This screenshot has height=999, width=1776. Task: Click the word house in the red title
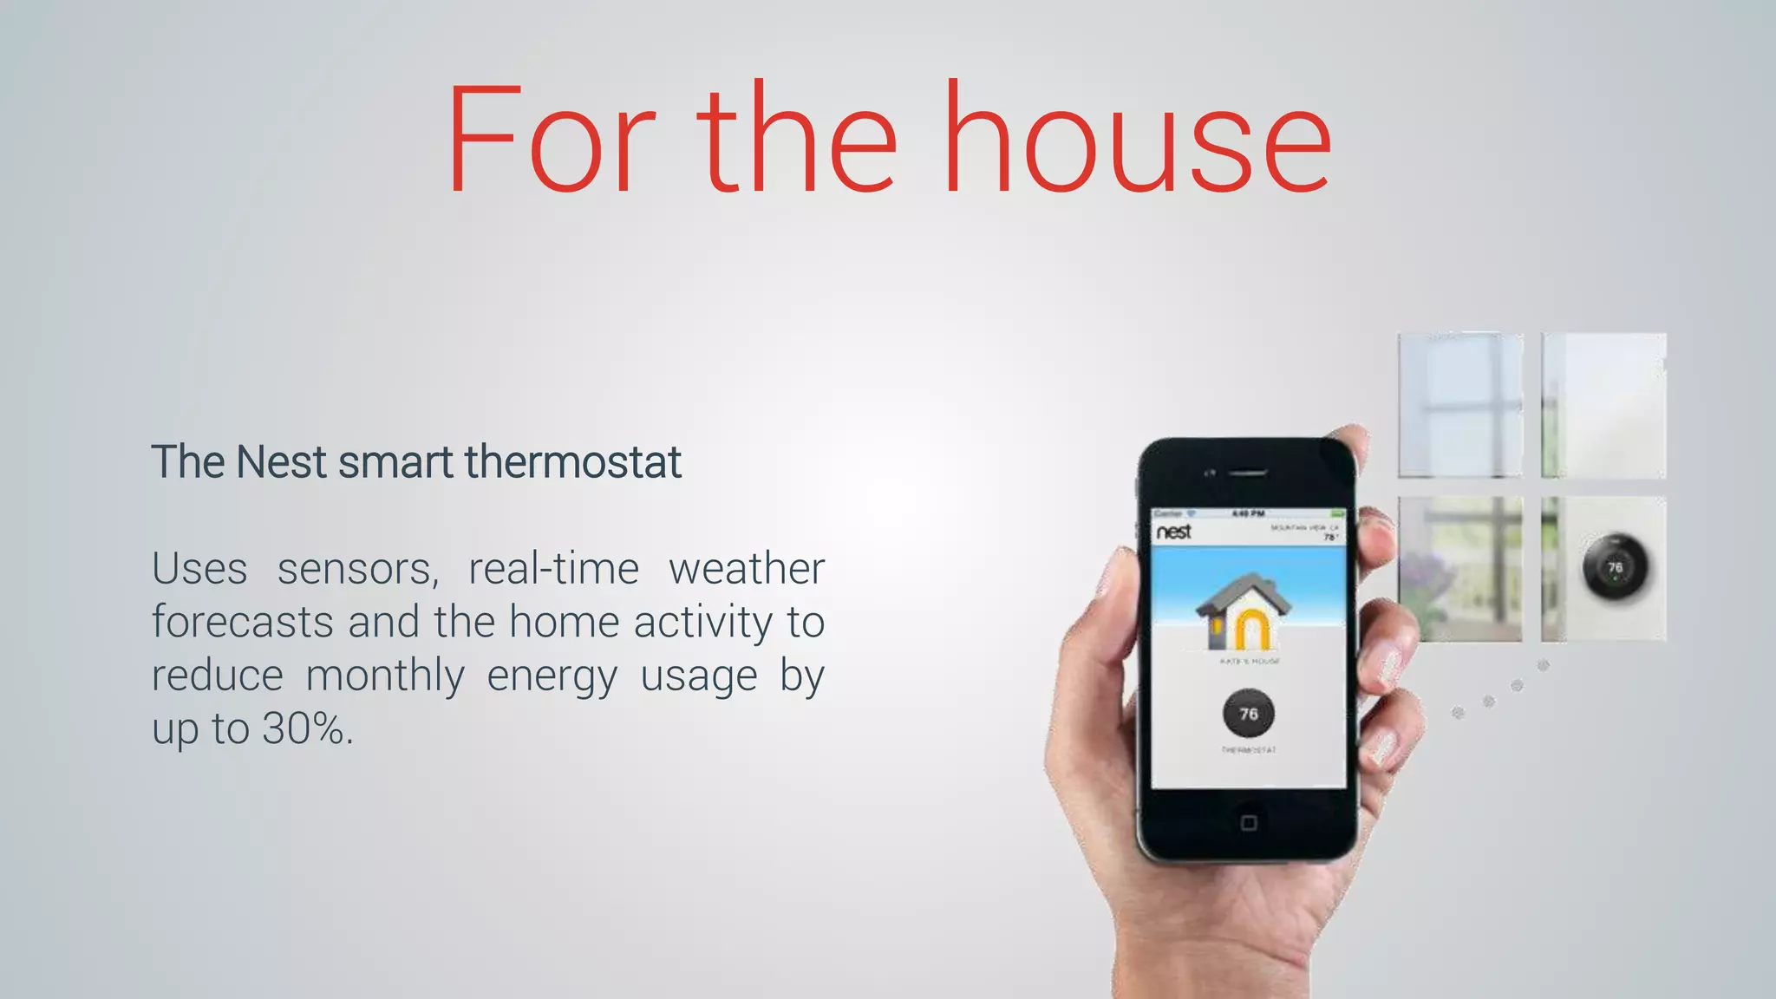[1136, 139]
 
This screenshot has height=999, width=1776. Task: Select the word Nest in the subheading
[281, 461]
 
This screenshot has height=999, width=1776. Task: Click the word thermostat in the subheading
[572, 461]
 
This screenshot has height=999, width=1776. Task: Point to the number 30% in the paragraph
[304, 728]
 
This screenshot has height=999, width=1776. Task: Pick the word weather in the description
[746, 570]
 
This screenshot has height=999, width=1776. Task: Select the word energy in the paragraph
[552, 676]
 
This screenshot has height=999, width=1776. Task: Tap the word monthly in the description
[385, 676]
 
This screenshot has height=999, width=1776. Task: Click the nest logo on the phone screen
[1174, 532]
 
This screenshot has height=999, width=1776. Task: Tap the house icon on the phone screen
[1243, 611]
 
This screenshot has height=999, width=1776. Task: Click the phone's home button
[1249, 822]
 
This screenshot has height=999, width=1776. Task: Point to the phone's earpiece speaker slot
[1248, 473]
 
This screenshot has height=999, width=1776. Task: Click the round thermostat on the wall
[1615, 568]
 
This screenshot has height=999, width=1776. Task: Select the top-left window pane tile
[1460, 405]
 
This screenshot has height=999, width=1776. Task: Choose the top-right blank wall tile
[1603, 405]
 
